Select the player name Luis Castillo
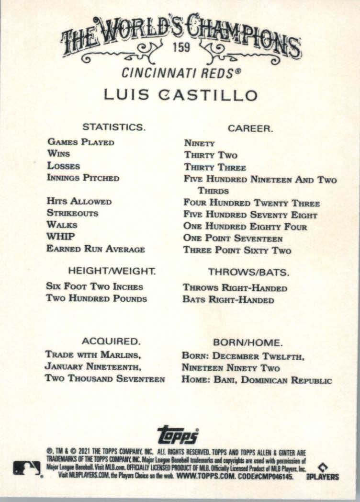(x=181, y=95)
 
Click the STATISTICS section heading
(x=113, y=127)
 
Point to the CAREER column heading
(x=250, y=128)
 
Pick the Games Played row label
(x=80, y=142)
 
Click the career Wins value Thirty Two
(x=211, y=155)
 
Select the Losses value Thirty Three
(x=215, y=168)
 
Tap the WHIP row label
(x=60, y=237)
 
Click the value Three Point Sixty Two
(x=237, y=250)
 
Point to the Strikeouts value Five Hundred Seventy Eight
(x=250, y=215)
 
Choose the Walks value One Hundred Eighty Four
(x=245, y=227)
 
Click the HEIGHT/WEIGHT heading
(x=112, y=271)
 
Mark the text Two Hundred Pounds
(x=96, y=299)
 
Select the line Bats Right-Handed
(x=228, y=300)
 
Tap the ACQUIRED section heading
(x=111, y=342)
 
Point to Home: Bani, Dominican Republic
(x=257, y=381)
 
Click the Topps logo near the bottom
(x=178, y=434)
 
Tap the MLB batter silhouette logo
(x=27, y=468)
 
